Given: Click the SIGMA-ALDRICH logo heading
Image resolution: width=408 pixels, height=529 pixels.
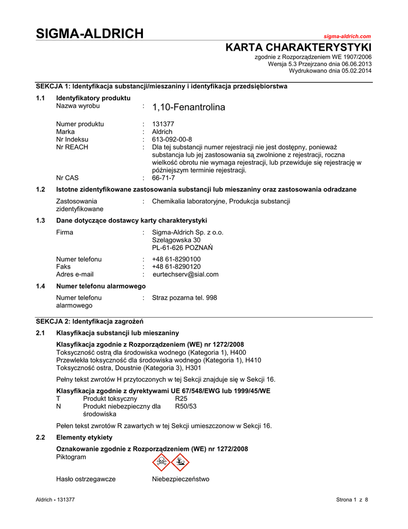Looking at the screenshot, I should (90, 34).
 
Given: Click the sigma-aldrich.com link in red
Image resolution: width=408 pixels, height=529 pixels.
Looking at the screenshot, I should (347, 36).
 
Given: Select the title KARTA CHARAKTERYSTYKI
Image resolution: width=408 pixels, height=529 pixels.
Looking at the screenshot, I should (299, 48).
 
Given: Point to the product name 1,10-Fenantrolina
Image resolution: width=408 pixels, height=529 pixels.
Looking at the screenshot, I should (189, 107).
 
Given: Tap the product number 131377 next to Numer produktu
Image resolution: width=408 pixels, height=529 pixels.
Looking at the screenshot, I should (164, 124).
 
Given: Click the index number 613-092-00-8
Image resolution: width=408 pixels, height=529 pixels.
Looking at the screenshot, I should (172, 139).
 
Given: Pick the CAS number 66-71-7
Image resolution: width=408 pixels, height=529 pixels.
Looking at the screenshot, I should (164, 178).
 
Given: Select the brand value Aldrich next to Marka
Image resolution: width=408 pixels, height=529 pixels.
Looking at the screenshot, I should (162, 132).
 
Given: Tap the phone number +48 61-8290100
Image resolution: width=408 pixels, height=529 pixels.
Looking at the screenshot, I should (176, 259).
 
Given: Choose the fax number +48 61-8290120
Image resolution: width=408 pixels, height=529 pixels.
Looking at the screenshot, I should (176, 267).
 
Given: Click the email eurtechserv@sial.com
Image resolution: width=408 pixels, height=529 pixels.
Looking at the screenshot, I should (185, 274).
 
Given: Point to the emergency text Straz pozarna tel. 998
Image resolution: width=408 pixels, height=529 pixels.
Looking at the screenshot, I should (185, 298).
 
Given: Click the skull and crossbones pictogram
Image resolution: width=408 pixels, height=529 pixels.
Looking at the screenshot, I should (161, 462).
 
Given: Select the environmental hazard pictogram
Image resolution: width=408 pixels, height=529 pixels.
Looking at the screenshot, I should (181, 462).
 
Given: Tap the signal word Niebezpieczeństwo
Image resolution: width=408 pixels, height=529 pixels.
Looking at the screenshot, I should (181, 479).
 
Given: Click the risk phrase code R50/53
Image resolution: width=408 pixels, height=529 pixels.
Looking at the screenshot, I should (186, 407).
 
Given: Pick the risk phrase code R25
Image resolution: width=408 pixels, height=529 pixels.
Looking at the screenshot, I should (181, 399).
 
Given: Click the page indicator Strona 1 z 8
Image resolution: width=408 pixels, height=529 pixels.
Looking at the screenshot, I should (353, 499).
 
